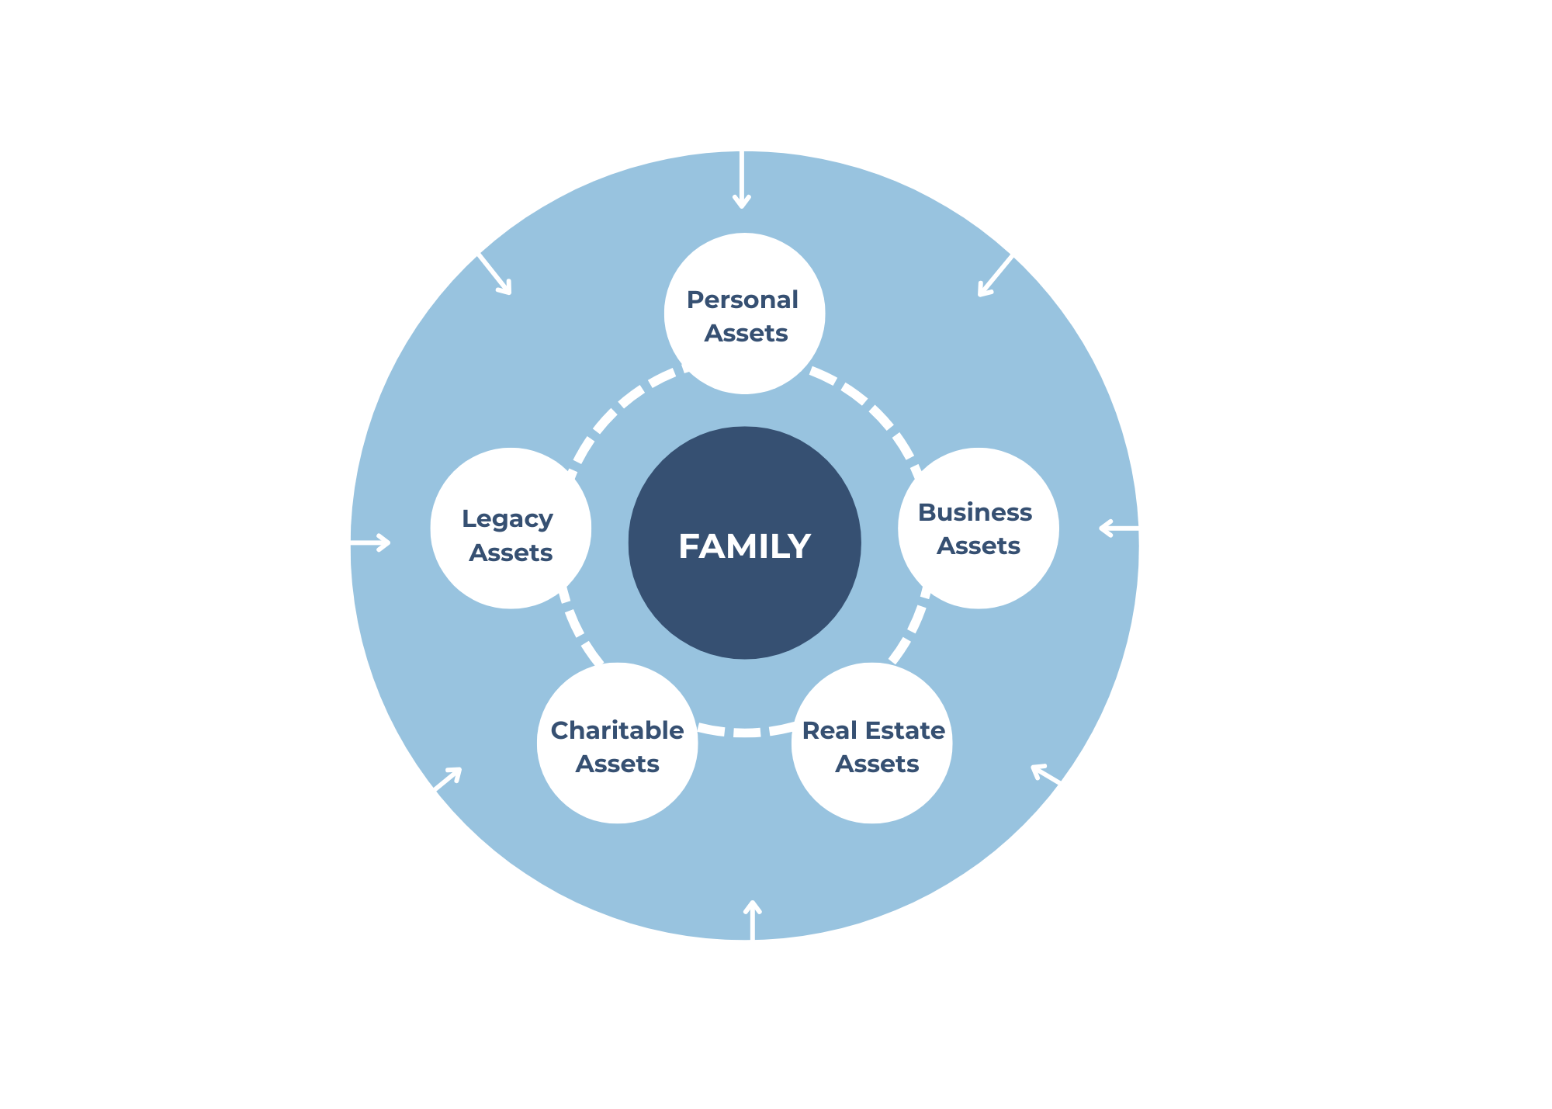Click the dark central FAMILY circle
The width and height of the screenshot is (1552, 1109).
pos(744,543)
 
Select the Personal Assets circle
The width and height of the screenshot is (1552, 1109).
pos(744,314)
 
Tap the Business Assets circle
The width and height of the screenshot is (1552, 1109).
pos(978,529)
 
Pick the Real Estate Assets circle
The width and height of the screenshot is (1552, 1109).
pos(872,743)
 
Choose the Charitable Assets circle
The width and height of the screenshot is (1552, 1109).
pos(618,743)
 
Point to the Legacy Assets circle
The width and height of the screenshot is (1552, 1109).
pos(511,529)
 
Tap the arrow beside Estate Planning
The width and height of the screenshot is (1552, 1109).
pos(351,542)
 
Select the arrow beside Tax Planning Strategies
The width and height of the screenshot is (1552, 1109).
pos(1138,529)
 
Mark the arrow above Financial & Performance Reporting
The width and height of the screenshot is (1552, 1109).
pos(752,940)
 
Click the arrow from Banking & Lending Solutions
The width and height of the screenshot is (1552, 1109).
pos(1004,265)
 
